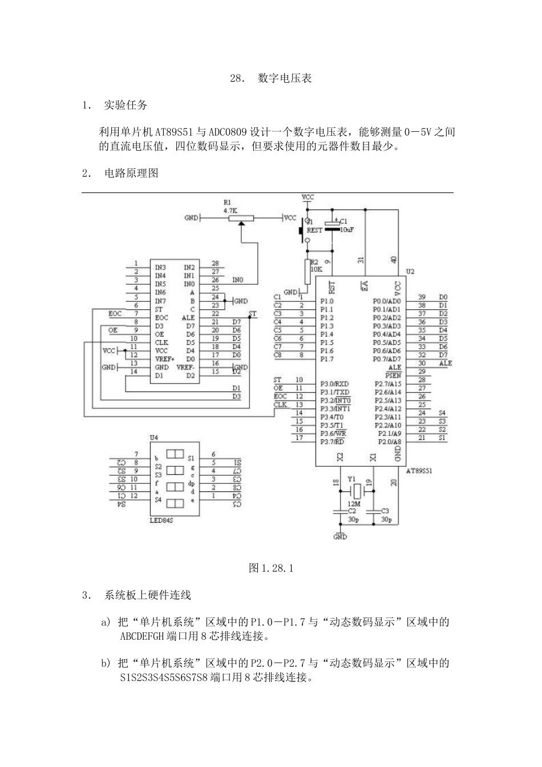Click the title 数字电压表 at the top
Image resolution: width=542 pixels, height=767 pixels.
pyautogui.click(x=285, y=78)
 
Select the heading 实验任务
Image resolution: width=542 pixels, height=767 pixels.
pyautogui.click(x=126, y=105)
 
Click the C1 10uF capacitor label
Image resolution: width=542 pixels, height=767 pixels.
pyautogui.click(x=346, y=225)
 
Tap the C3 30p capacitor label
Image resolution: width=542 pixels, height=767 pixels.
pyautogui.click(x=386, y=515)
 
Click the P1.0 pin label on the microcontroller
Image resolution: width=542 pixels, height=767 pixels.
pyautogui.click(x=326, y=301)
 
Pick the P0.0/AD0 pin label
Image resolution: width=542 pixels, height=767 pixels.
pyautogui.click(x=387, y=301)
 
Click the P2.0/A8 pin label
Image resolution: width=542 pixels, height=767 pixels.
pyautogui.click(x=389, y=442)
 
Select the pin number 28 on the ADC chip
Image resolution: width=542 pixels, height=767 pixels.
pyautogui.click(x=215, y=263)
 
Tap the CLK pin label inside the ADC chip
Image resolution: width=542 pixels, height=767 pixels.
pyautogui.click(x=161, y=342)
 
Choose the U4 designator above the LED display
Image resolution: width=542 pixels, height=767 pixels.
pyautogui.click(x=153, y=437)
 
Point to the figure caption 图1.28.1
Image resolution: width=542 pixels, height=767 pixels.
pyautogui.click(x=271, y=568)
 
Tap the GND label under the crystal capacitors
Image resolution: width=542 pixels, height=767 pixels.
pyautogui.click(x=340, y=537)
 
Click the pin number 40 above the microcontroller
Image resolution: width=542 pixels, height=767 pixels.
pyautogui.click(x=394, y=260)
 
